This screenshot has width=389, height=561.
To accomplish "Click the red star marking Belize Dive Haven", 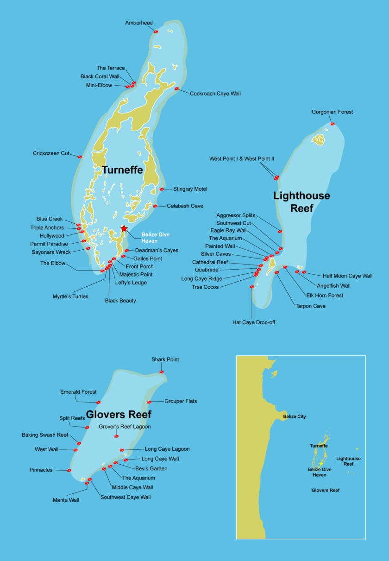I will tap(124, 228).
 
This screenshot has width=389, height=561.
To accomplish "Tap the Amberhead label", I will tap(139, 23).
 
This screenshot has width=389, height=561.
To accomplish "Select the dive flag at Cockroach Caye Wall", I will tap(176, 88).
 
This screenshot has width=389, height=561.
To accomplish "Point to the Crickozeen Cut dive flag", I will tap(80, 157).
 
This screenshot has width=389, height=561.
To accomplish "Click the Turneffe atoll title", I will tap(122, 170).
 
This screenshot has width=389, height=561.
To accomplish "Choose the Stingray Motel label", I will tap(190, 189).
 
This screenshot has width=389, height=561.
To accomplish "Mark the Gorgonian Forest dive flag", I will tap(333, 124).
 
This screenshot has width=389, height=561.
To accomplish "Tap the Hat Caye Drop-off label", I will tap(254, 322).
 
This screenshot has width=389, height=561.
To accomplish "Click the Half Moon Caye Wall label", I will tap(347, 276).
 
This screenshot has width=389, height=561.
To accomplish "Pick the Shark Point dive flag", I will tap(162, 372).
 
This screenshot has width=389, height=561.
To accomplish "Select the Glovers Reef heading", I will tap(119, 414).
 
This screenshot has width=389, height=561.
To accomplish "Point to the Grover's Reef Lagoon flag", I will tap(116, 436).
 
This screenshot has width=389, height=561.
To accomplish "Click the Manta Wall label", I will tap(66, 500).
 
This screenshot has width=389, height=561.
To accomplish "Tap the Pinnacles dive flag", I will tap(69, 471).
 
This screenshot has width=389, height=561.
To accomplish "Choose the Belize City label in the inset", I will tap(294, 416).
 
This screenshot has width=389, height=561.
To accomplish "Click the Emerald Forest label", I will tap(78, 392).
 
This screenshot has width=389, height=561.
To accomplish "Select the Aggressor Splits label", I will tap(235, 215).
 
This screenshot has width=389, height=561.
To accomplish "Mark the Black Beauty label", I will tap(120, 301).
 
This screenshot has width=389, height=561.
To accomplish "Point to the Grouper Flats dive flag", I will tap(149, 402).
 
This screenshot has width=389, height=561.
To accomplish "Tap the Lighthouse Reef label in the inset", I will tap(348, 461).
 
